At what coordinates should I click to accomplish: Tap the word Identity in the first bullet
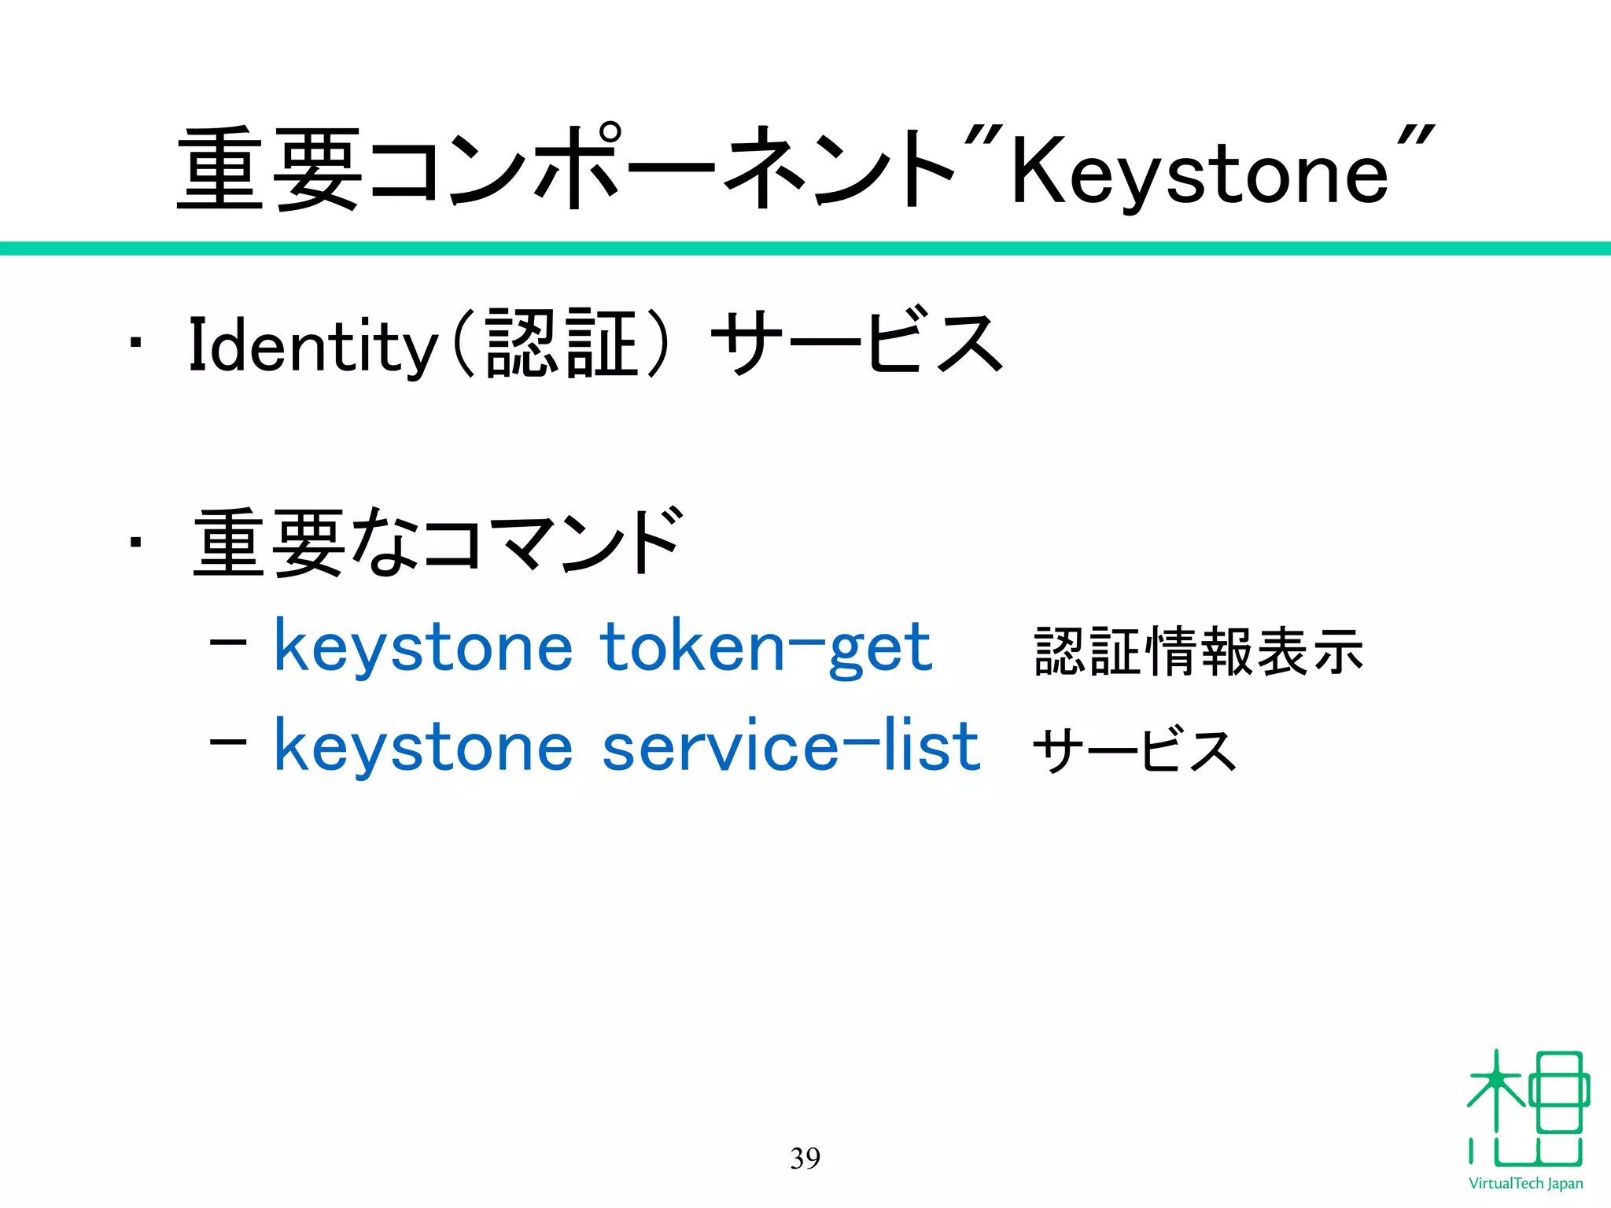click(312, 345)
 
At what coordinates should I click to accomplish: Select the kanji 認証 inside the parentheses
click(562, 344)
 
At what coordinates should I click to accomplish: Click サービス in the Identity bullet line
click(857, 343)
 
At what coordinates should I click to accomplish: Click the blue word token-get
click(765, 647)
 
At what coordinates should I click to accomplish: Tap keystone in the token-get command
click(423, 647)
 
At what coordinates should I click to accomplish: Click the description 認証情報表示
click(1199, 651)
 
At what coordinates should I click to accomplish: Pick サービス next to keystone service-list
click(1134, 750)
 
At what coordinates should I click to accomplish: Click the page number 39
click(805, 1158)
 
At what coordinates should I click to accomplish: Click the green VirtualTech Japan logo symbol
click(1526, 1109)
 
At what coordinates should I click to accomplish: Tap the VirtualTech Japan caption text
click(1525, 1184)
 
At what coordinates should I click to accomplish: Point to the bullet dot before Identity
click(136, 344)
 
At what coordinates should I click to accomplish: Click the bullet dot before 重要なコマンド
click(136, 542)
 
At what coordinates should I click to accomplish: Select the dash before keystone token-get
click(228, 643)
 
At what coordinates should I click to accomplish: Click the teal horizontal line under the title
click(805, 249)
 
